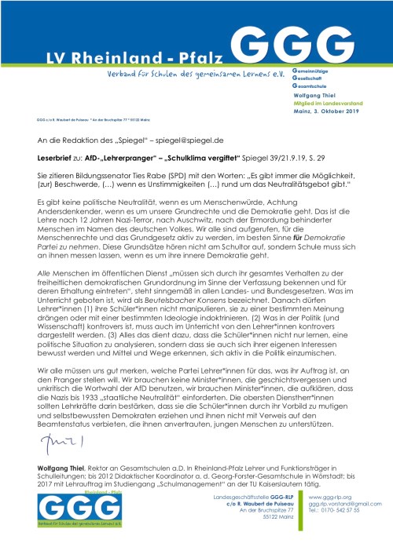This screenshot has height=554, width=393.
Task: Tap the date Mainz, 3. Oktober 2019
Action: (324, 112)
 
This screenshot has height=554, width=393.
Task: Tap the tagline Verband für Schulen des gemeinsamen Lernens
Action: (181, 73)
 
